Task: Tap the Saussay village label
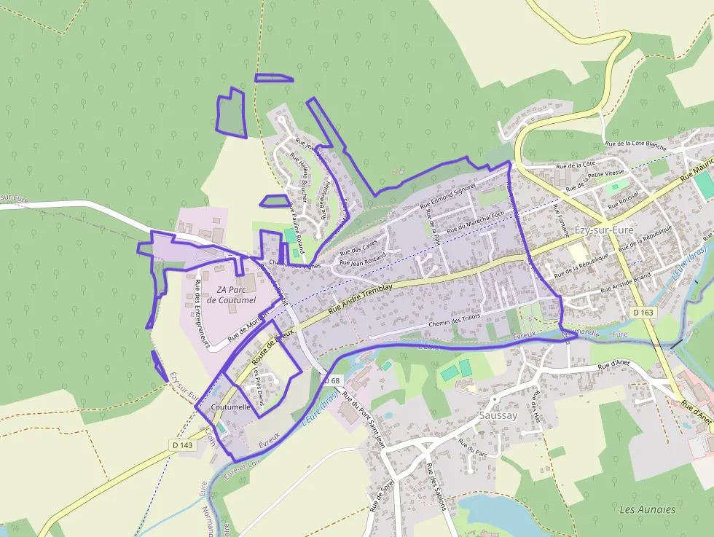(498, 415)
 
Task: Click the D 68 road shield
(331, 380)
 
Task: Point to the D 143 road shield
(183, 444)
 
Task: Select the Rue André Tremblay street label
(361, 299)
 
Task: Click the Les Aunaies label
(647, 509)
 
